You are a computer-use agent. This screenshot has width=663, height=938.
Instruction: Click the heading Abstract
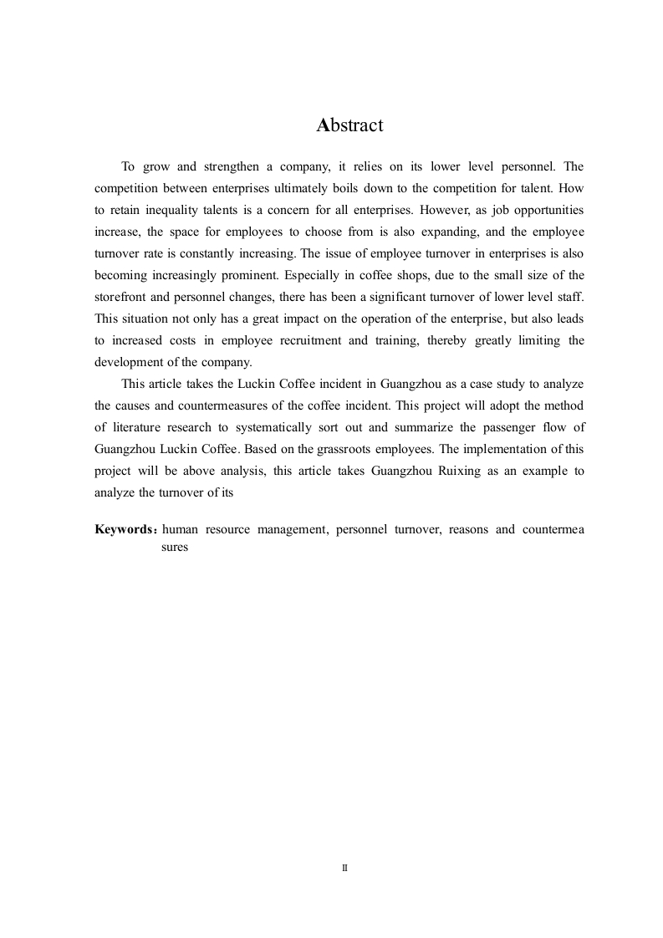[x=349, y=125]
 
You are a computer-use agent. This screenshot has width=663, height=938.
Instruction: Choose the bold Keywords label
[x=125, y=530]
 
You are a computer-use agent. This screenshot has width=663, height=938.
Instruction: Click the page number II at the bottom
[x=344, y=869]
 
